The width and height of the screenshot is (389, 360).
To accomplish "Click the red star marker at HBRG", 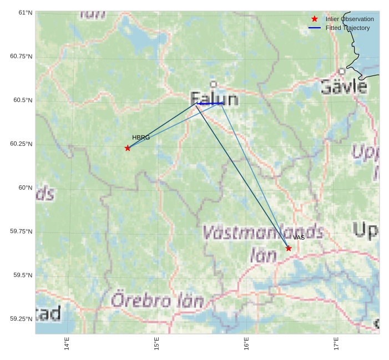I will click(128, 148).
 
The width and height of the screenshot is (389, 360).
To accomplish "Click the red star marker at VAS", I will click(289, 248).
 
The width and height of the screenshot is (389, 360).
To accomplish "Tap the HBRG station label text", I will click(141, 138).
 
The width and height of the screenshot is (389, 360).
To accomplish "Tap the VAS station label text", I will click(299, 237).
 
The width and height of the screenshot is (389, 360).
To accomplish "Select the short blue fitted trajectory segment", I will click(210, 103).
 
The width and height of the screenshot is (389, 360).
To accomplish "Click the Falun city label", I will click(214, 99).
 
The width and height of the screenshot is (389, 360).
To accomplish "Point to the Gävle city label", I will click(343, 87).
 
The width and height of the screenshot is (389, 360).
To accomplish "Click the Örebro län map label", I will click(157, 301).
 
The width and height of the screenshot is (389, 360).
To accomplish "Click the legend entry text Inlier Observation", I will click(350, 19).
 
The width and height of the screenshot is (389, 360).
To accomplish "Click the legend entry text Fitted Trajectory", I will click(347, 28).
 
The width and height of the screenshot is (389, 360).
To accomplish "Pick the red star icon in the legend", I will click(315, 19).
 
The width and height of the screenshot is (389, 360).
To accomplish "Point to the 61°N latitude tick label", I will click(21, 13).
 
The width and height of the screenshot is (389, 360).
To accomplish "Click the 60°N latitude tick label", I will click(21, 187).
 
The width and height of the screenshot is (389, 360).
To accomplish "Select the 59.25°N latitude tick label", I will click(21, 319).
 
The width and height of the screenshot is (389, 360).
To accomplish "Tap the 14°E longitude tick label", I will click(67, 344).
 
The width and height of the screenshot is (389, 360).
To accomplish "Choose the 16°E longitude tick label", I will click(246, 344).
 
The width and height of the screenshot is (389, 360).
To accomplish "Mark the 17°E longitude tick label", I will click(336, 344).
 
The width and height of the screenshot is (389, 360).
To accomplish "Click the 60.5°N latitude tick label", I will click(21, 100).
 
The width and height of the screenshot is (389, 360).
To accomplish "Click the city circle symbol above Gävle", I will click(342, 72).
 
